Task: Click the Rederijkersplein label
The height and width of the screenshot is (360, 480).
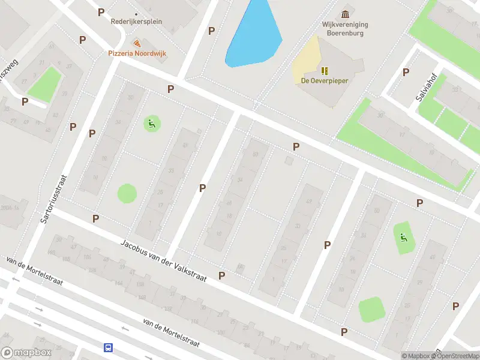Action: [x=136, y=22]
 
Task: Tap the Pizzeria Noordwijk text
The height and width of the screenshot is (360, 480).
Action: [x=137, y=53]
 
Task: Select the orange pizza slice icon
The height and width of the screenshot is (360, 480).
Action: [x=137, y=43]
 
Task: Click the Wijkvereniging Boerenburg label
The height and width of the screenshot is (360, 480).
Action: [x=344, y=29]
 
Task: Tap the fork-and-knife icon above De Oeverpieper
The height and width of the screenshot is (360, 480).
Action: [x=325, y=71]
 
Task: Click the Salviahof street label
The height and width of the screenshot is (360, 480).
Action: [x=423, y=95]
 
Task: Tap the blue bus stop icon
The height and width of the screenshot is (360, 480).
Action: [x=109, y=347]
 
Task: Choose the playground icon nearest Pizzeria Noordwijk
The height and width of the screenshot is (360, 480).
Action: [x=151, y=124]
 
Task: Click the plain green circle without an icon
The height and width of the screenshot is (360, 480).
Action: [x=127, y=193]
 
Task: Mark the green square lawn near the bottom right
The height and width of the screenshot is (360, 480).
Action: [x=371, y=310]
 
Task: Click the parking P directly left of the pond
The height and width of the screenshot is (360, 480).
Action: [x=211, y=31]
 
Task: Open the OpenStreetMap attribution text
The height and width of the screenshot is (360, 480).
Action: [x=454, y=356]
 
